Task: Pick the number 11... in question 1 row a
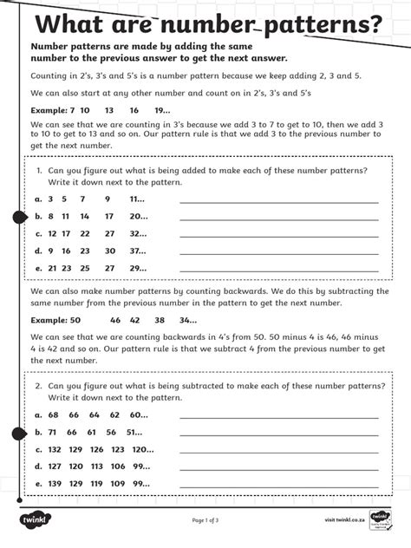click(137, 199)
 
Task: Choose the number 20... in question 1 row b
click(138, 216)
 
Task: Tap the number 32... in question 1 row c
click(138, 233)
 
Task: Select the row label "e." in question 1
click(38, 268)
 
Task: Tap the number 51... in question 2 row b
click(134, 432)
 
